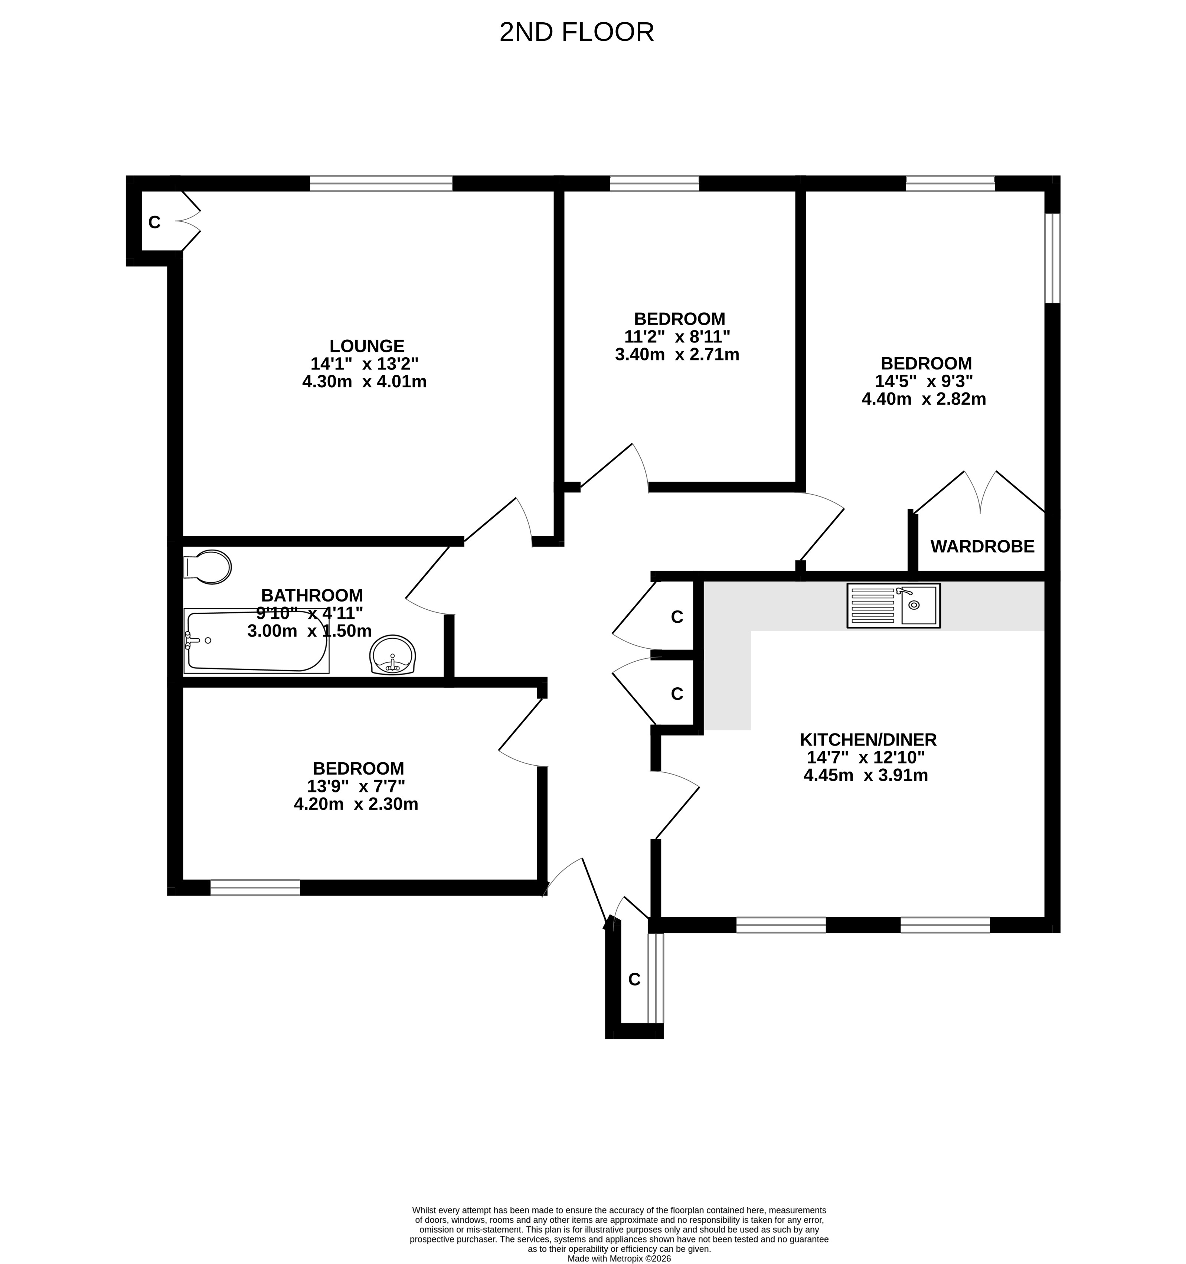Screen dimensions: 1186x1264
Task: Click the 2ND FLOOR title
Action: pos(576,32)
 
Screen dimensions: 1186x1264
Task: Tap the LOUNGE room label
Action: pos(367,346)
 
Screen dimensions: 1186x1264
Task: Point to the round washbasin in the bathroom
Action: pos(393,655)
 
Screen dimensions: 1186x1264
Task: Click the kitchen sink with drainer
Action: pos(893,606)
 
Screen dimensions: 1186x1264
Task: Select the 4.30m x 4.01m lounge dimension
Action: pos(364,381)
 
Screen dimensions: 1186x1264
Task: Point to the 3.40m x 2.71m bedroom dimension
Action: pos(677,354)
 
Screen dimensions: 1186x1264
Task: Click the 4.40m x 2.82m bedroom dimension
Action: pos(924,399)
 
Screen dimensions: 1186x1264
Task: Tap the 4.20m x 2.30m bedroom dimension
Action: pos(356,804)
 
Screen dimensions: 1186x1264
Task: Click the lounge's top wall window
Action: pos(381,184)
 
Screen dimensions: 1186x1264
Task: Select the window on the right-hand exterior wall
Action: pos(1052,258)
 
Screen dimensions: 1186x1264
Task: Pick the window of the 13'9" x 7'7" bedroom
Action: pos(255,887)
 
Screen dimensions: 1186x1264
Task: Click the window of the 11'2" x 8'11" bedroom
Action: pos(654,184)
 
